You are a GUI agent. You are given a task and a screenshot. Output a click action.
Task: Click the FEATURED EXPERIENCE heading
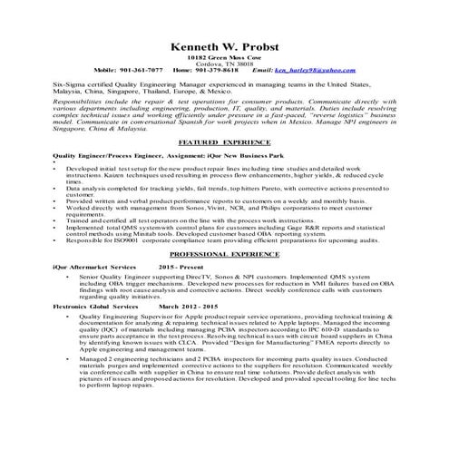click(223, 143)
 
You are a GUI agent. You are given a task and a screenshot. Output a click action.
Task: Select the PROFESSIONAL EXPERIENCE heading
click(223, 257)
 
